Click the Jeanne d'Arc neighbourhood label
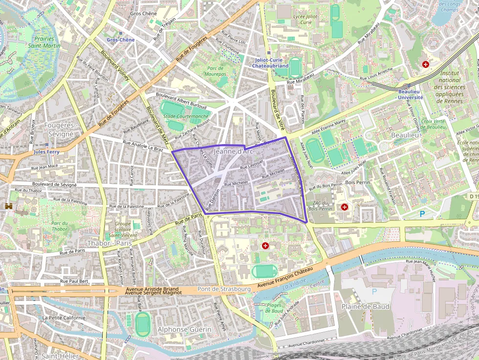(234, 151)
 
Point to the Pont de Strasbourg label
(224, 289)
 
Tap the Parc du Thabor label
(59, 226)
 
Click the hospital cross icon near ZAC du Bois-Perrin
(345, 207)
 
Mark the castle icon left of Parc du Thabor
(9, 207)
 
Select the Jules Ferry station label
(46, 152)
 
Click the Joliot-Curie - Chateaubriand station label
(269, 63)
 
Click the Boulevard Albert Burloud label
(181, 100)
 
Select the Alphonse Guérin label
(184, 330)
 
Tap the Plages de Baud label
(274, 308)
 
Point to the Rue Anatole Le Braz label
(143, 146)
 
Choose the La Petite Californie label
(64, 318)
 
